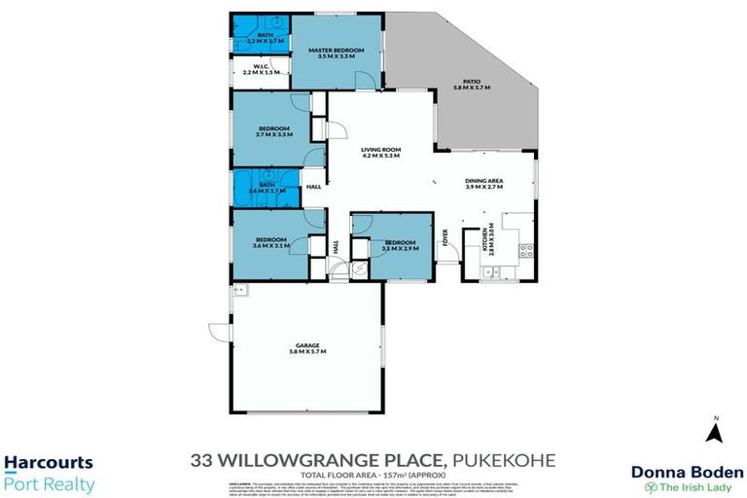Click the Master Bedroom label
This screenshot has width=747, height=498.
coord(336,53)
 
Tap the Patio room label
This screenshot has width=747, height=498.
coord(472,85)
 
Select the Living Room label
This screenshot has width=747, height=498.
coord(381,152)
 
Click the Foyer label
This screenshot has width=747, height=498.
coord(447,237)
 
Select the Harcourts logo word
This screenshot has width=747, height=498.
coord(49,463)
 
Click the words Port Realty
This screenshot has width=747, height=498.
coord(50,483)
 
